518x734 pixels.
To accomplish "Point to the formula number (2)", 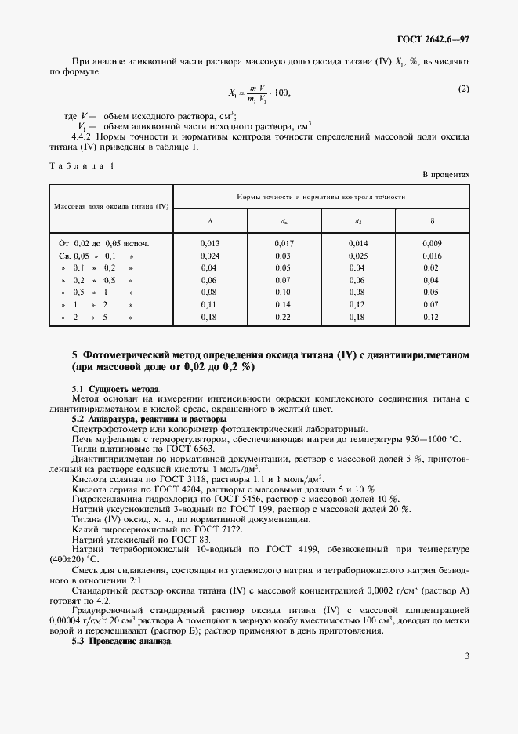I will (x=463, y=89).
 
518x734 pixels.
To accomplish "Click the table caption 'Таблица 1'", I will (x=82, y=165).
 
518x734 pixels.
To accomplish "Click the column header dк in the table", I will (x=284, y=222).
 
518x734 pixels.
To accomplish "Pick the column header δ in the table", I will (x=433, y=222).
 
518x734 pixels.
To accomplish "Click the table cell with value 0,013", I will (x=209, y=243).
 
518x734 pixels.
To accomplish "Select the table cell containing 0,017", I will (x=284, y=243).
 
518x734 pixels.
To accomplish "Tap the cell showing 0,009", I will (x=433, y=243).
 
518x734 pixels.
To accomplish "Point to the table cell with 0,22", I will (x=284, y=317).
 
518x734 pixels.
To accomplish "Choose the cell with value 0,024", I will (x=209, y=256).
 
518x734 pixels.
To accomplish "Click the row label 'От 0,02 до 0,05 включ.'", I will (x=103, y=243).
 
